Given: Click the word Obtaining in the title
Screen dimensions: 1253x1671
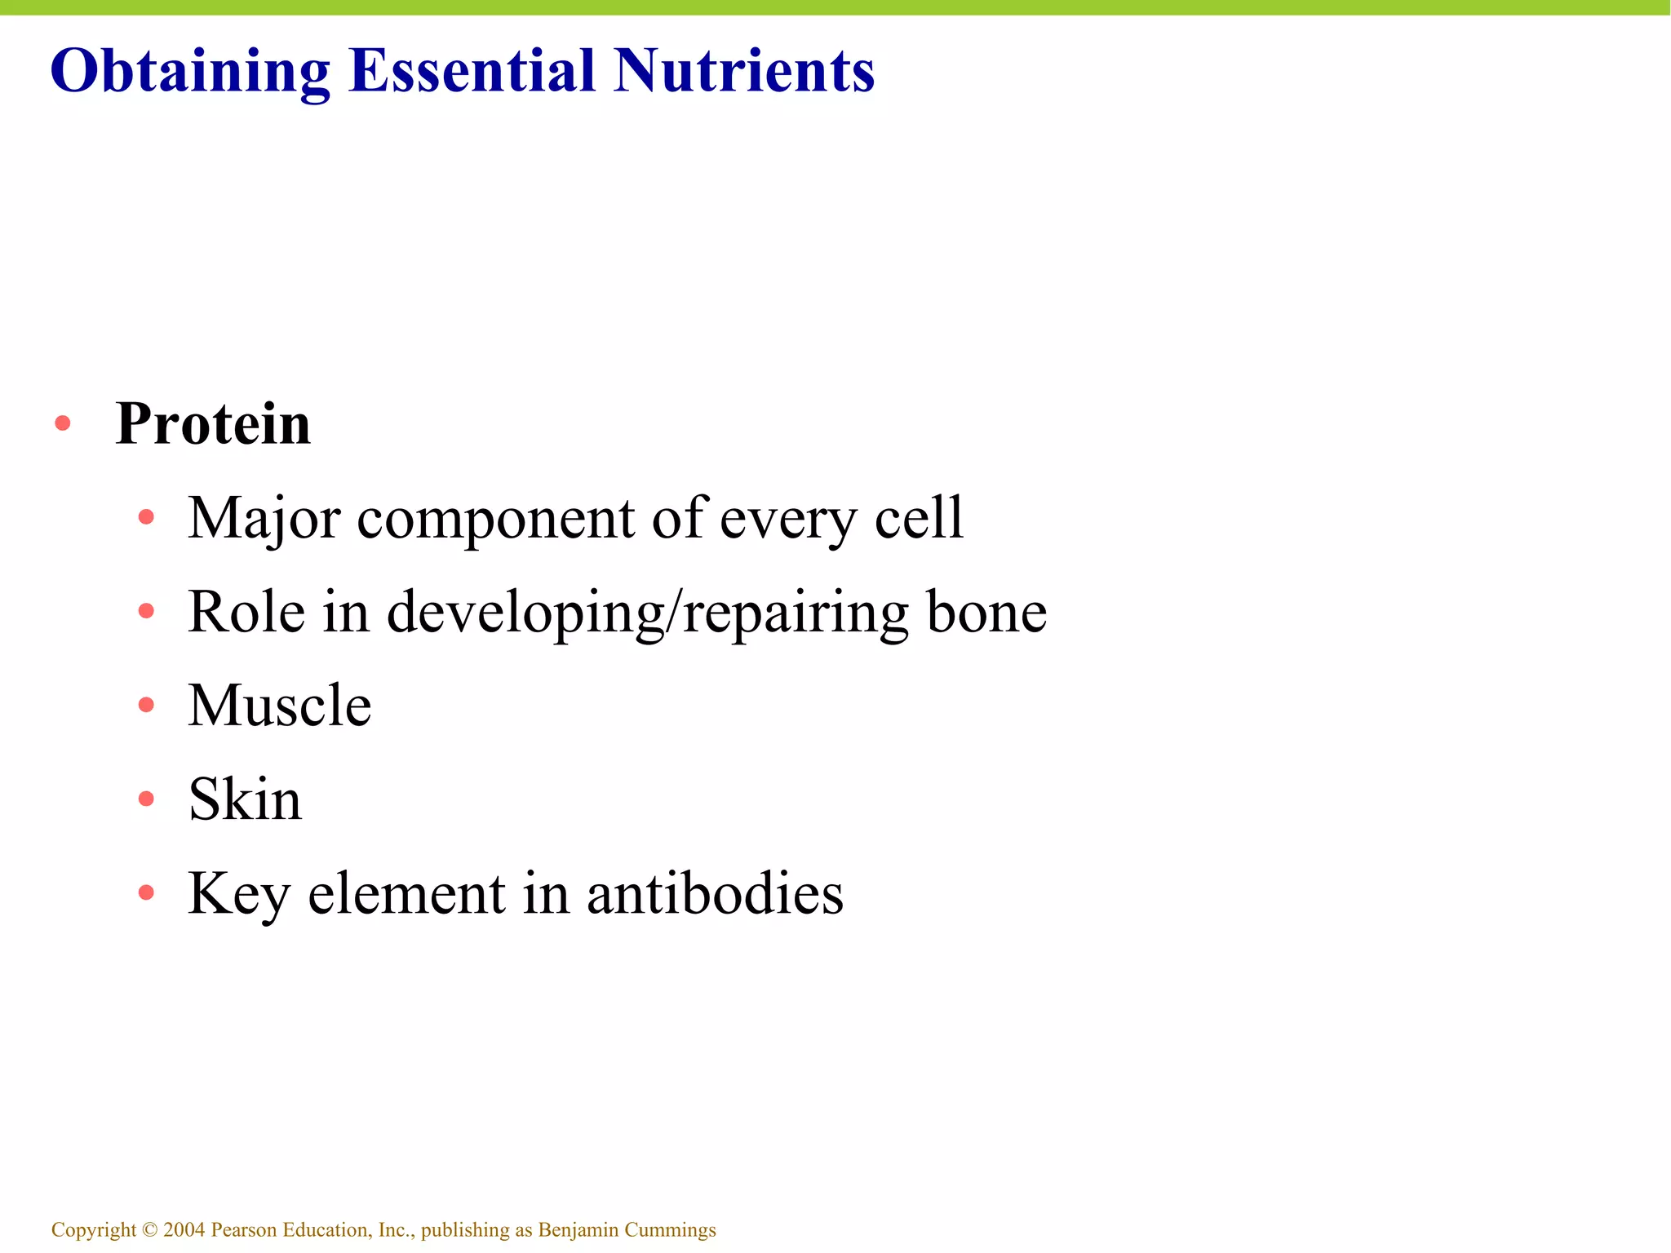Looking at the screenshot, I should tap(190, 72).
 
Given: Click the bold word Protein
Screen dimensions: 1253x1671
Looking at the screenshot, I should tap(213, 424).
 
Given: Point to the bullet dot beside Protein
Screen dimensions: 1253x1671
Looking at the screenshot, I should tap(63, 423).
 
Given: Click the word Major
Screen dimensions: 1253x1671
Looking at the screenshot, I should tap(263, 519).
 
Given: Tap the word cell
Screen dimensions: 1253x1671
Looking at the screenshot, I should tap(919, 518).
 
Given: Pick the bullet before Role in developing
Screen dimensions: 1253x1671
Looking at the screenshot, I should tap(146, 611).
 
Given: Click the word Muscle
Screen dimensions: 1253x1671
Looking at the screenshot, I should tap(280, 706).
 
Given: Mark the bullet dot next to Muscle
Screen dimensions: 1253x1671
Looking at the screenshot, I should tap(146, 705).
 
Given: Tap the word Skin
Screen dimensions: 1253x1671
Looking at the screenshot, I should tap(245, 799).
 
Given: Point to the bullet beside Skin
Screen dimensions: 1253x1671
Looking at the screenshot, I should tap(146, 799).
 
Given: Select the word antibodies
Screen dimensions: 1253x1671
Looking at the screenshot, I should tap(715, 894).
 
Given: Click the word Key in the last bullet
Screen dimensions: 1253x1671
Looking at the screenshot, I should tap(238, 895).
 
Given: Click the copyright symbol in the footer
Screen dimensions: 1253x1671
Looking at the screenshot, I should tap(149, 1230).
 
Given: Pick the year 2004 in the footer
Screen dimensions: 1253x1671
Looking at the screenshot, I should tap(184, 1230).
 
